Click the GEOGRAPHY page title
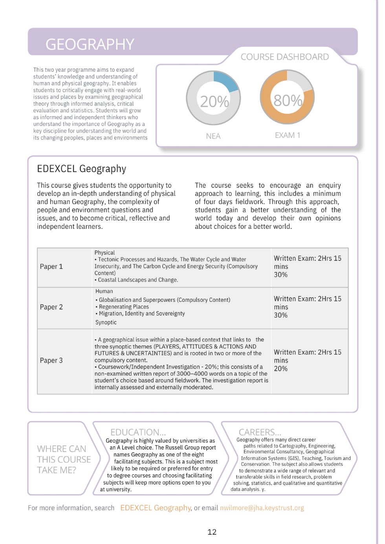coord(90,44)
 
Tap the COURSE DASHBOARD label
coord(284,57)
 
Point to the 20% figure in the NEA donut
coord(214,102)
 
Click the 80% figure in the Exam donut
coord(288,100)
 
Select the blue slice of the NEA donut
coord(227,81)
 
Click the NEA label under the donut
coord(213,136)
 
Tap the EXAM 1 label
coord(287,135)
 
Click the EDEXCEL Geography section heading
coord(81,169)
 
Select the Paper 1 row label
coord(51,267)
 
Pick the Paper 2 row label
coord(51,307)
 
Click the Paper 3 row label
coord(51,360)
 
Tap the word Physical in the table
coord(104,253)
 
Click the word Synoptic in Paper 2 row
coord(106,322)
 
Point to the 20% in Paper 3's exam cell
coord(280,369)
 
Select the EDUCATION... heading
coord(138,432)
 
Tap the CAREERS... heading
coord(260,432)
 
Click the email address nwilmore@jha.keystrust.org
coord(262,508)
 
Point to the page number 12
coord(212,532)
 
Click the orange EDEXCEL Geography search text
coord(155,508)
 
